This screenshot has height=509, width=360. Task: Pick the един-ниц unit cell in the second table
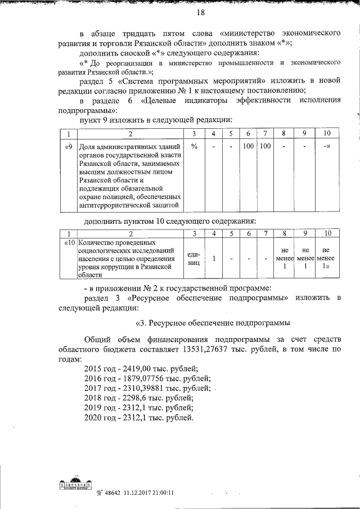pyautogui.click(x=193, y=258)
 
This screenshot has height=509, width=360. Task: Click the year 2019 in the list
pyautogui.click(x=93, y=408)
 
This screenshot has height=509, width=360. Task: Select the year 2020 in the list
pyautogui.click(x=93, y=418)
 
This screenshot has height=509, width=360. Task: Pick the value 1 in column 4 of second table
pyautogui.click(x=214, y=258)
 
